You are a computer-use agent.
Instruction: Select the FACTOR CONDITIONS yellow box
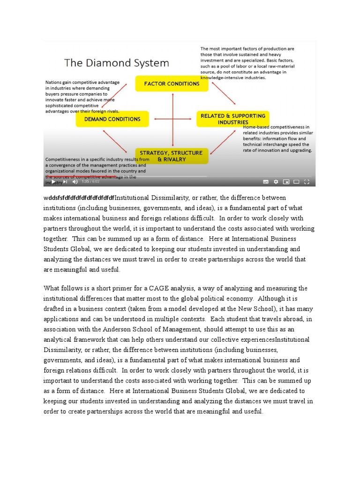coord(172,84)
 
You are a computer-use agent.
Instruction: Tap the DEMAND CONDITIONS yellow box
coord(112,119)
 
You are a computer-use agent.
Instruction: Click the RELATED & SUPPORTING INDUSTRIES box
coord(232,119)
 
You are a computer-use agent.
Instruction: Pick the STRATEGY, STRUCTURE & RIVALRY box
coord(172,156)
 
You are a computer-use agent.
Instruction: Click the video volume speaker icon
coord(75,182)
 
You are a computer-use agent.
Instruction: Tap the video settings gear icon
coord(276,182)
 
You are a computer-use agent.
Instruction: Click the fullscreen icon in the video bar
coord(307,182)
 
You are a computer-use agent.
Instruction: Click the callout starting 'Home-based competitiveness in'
coord(277,139)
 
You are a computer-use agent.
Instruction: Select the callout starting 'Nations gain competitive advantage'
coord(82,97)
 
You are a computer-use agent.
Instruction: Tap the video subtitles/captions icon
coord(265,182)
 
